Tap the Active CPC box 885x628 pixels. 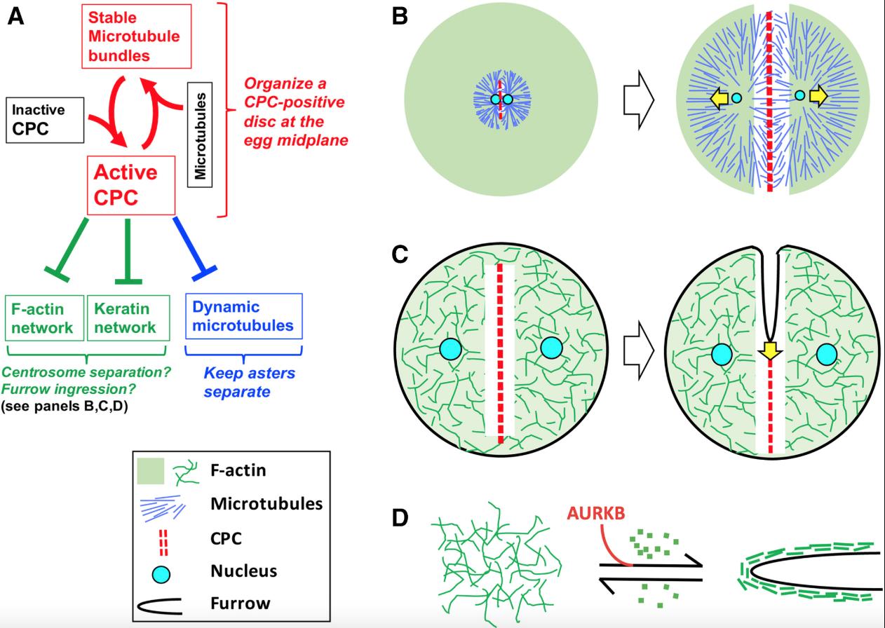130,184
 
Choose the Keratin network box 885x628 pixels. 128,318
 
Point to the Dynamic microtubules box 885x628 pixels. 243,317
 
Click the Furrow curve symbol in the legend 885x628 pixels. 161,602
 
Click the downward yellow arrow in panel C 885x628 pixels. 771,350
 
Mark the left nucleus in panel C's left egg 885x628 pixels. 451,348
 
